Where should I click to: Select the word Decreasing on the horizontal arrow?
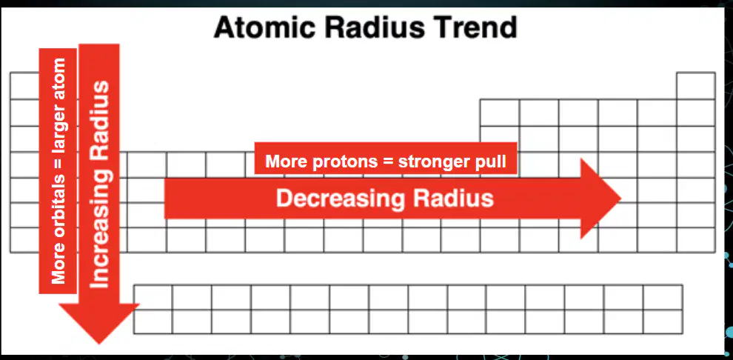(x=341, y=199)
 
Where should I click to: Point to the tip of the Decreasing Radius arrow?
(x=621, y=199)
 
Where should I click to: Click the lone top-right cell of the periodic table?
(x=695, y=86)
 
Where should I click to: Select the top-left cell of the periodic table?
(x=24, y=86)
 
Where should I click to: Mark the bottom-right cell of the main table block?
(x=695, y=240)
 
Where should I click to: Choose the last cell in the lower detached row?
(x=663, y=321)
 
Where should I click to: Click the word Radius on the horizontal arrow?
(x=453, y=199)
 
